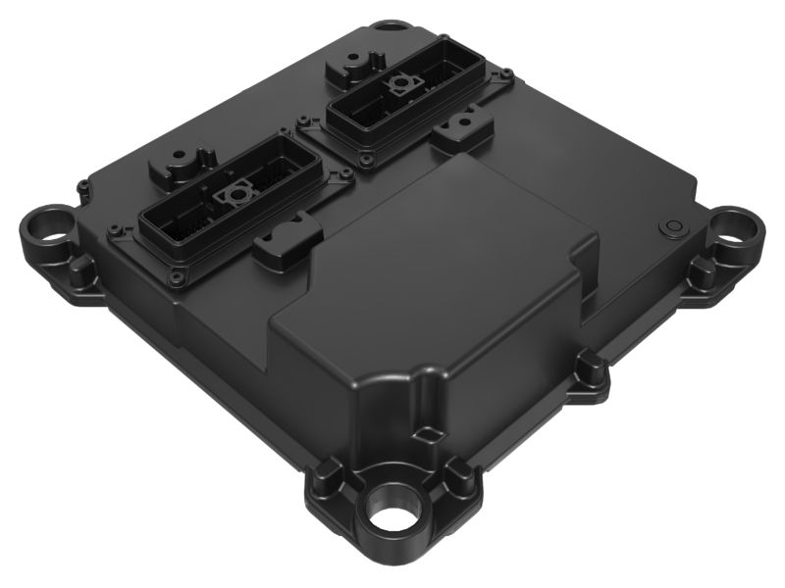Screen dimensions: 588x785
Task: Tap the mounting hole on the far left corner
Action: (x=45, y=229)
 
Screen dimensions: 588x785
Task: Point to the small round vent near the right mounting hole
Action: (x=672, y=226)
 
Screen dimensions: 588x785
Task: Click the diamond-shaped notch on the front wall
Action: (x=424, y=432)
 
